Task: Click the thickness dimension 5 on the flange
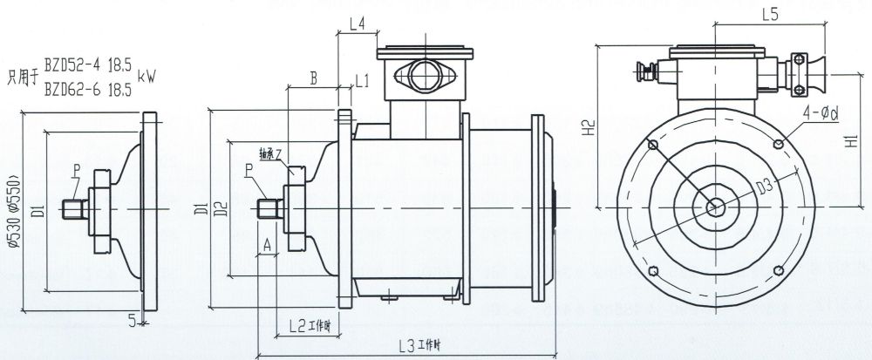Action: [132, 321]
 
